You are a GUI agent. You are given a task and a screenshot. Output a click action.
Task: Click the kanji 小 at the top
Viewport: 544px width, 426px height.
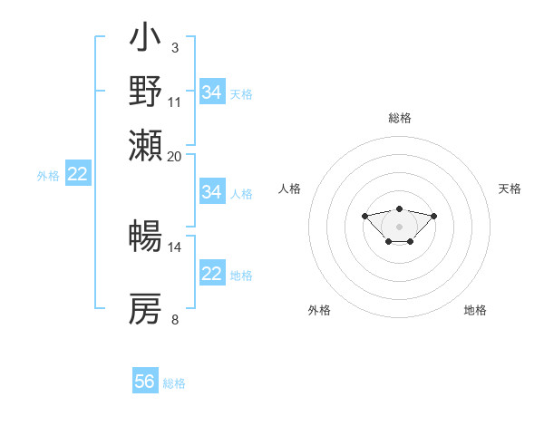146,39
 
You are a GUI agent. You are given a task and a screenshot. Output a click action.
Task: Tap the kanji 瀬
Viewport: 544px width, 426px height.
146,144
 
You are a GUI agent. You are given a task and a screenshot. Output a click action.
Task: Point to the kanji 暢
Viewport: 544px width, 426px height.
146,237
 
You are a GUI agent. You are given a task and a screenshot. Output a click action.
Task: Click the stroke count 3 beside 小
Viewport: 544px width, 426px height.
175,46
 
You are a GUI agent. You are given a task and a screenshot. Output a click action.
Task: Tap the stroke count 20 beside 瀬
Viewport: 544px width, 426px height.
175,155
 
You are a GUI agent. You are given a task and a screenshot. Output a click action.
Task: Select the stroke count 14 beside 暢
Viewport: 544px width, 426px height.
175,247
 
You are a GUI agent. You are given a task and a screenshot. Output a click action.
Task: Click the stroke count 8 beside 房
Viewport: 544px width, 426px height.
175,319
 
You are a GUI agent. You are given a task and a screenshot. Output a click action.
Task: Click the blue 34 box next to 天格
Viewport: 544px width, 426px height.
212,92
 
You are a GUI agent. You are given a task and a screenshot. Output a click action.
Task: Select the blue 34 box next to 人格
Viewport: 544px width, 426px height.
212,192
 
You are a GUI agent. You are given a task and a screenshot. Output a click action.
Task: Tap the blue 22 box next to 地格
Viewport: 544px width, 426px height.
212,274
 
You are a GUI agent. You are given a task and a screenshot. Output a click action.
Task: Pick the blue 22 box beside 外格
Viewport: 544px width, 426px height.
77,174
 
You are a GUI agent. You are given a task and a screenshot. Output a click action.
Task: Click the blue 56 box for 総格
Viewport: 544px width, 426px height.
145,382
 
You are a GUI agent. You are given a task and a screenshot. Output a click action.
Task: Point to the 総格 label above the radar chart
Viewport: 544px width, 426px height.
400,118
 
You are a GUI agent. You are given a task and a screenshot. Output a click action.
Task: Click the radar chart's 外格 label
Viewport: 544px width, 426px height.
319,310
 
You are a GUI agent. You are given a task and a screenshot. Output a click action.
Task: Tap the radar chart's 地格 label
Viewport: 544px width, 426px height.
475,310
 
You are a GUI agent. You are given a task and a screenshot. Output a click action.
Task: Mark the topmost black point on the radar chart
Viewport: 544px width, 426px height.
400,208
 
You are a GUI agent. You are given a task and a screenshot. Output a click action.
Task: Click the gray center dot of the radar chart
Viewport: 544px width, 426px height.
400,226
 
